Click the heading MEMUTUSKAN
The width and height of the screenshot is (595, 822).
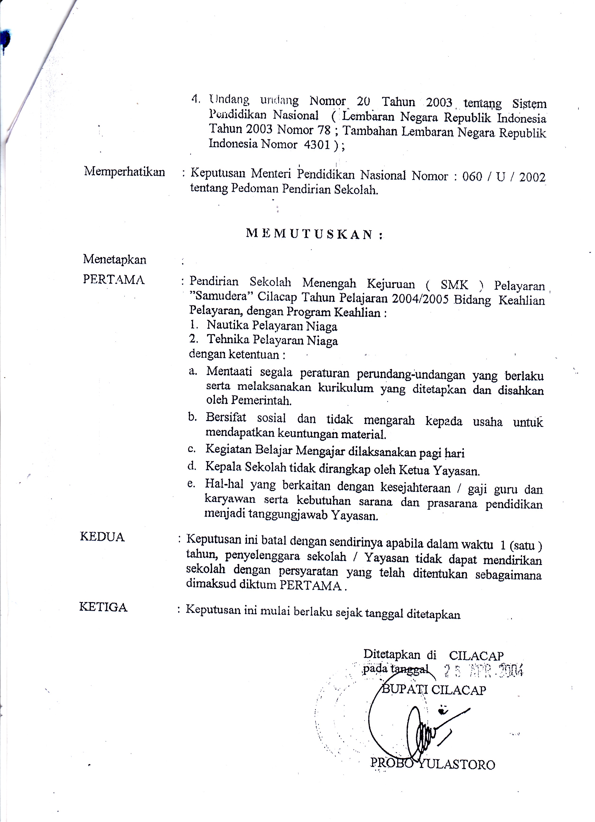pyautogui.click(x=314, y=234)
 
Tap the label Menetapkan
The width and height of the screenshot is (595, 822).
pyautogui.click(x=115, y=259)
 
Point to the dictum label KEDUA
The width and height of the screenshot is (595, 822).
pyautogui.click(x=102, y=537)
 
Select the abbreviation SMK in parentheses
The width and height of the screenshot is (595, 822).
pyautogui.click(x=454, y=285)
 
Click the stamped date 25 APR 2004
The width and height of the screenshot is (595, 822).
pyautogui.click(x=483, y=671)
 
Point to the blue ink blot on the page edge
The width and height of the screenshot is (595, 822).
pyautogui.click(x=4, y=40)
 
